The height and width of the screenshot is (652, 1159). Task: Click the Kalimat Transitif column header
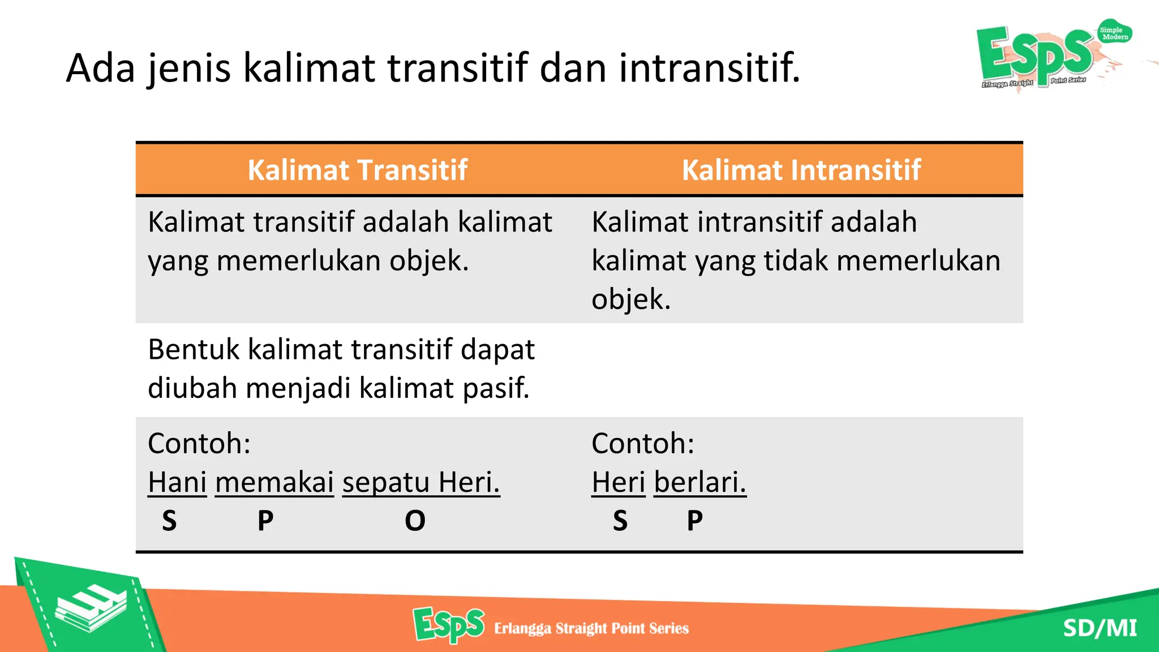[x=357, y=170]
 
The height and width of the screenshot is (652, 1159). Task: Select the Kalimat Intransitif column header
[x=801, y=170]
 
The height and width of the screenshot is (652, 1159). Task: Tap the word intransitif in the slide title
[x=709, y=68]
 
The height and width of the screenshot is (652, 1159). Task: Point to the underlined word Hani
[x=177, y=482]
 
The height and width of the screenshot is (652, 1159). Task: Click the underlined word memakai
[x=274, y=482]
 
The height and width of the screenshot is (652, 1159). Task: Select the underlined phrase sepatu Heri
[x=421, y=482]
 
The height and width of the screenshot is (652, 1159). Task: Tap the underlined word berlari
[x=700, y=482]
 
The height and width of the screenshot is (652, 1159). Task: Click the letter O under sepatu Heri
[x=415, y=521]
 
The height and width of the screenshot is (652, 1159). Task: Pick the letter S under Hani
[x=169, y=521]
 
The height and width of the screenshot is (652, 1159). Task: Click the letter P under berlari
[x=695, y=521]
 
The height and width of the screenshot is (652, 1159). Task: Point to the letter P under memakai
[x=265, y=521]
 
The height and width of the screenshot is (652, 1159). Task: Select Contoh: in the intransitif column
[x=643, y=443]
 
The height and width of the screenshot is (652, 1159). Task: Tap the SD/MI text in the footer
[x=1100, y=628]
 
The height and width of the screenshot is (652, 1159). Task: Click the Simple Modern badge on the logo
[x=1114, y=33]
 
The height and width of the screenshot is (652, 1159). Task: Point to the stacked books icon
[x=91, y=608]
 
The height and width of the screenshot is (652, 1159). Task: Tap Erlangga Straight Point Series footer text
[x=591, y=628]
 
